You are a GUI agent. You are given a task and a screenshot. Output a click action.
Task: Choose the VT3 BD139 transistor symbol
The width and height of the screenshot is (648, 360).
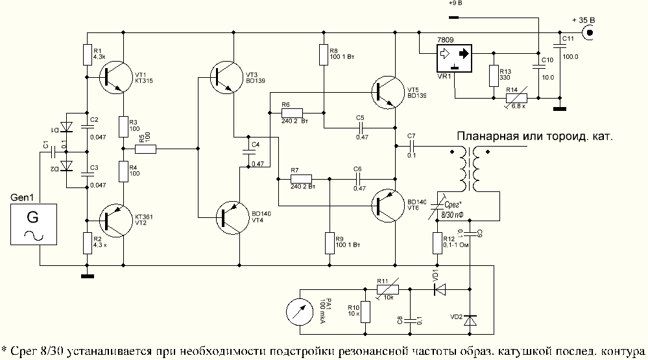[224, 77]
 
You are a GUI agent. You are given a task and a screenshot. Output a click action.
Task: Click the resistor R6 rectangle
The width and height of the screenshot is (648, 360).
[296, 112]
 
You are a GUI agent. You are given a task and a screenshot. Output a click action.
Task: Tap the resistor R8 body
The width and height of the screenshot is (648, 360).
[323, 55]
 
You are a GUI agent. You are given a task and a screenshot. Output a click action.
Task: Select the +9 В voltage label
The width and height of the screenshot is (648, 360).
[455, 4]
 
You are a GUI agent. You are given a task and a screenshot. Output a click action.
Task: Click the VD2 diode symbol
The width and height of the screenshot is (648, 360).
[470, 320]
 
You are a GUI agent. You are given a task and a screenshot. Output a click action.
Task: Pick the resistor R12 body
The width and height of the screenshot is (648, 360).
[437, 243]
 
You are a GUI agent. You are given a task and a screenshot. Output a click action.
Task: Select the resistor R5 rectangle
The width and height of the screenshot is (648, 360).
[145, 149]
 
